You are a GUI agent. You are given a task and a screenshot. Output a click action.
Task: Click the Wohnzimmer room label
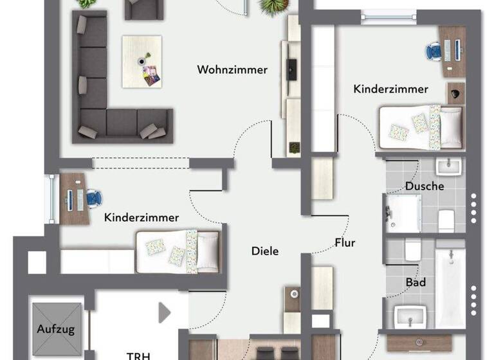232,69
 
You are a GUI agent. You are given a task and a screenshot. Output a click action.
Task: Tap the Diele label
265,251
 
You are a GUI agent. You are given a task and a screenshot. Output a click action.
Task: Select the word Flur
345,243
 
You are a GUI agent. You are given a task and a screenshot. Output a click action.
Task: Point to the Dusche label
425,186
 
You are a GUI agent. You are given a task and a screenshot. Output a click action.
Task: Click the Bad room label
416,282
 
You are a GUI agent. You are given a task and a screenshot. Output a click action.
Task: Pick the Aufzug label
55,330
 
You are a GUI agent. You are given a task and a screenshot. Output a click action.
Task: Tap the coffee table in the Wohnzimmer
142,61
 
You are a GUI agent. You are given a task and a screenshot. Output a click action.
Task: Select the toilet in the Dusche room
447,221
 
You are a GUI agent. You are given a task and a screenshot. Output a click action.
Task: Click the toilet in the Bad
413,249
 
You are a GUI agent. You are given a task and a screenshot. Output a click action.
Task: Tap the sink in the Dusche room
448,167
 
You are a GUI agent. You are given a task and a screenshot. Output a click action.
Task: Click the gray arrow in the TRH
165,313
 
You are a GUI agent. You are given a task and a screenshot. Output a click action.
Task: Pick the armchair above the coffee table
143,8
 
